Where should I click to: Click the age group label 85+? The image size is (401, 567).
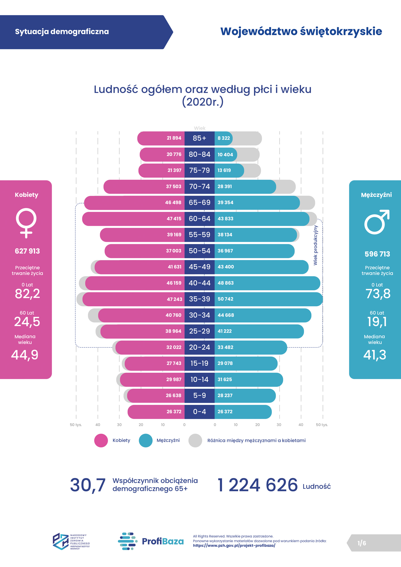(x=199, y=138)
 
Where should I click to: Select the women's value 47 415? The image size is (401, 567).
(x=174, y=219)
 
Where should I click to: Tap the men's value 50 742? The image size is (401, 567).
(x=225, y=299)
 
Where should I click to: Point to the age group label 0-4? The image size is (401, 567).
(x=199, y=412)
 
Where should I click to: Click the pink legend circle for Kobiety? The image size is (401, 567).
(x=101, y=441)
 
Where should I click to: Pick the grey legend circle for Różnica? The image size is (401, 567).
(x=195, y=441)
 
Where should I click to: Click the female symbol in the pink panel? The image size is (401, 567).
(x=26, y=223)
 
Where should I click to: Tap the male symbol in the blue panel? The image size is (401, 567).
(x=377, y=222)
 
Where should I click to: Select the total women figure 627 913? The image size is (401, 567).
(x=27, y=251)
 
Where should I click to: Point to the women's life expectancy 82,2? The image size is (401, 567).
(x=27, y=294)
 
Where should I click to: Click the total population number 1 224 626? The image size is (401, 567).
(x=258, y=485)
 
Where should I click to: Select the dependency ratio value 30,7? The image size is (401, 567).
(x=88, y=485)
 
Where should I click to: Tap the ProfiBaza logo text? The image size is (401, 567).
(x=162, y=541)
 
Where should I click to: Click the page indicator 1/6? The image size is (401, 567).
(x=362, y=543)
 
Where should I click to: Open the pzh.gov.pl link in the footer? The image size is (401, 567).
(x=234, y=545)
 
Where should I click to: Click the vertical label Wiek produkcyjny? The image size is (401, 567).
(x=315, y=245)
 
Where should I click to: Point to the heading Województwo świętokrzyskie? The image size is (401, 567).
(x=301, y=31)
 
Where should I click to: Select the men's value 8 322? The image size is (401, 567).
(x=223, y=138)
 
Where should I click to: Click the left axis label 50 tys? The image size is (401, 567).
(x=76, y=425)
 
